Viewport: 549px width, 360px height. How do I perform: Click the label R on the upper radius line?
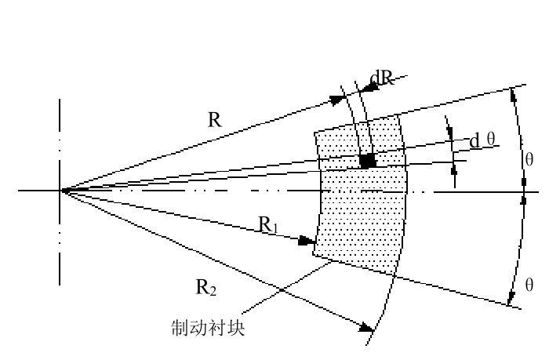coord(214,120)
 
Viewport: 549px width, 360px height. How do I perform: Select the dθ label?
coord(482,140)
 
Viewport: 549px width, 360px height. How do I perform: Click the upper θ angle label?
coord(529,160)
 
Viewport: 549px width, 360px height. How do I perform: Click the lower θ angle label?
coord(529,283)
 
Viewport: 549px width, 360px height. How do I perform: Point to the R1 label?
coord(269,225)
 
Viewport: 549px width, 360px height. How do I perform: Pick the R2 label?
coord(205,287)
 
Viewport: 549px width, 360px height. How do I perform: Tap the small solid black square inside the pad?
coord(365,160)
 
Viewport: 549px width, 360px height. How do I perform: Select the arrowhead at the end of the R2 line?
coord(365,327)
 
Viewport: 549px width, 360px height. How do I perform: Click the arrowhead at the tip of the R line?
coord(339,100)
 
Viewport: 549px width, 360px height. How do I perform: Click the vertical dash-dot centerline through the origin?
coord(60,251)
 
